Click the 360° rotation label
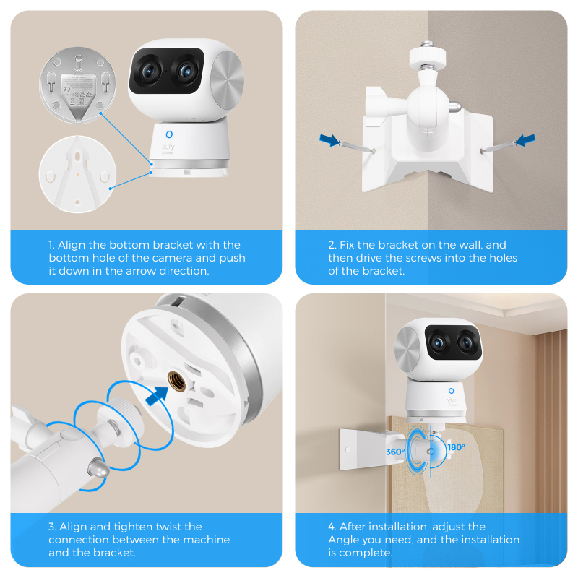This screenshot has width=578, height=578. click(x=395, y=452)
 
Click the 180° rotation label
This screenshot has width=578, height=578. click(x=456, y=447)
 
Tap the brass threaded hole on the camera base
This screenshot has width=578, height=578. click(x=176, y=381)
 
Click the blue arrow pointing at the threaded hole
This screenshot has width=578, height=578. click(x=157, y=396)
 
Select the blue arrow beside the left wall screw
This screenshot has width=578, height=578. click(x=329, y=140)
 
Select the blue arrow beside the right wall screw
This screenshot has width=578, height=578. click(x=525, y=140)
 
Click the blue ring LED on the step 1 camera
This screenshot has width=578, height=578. click(x=169, y=134)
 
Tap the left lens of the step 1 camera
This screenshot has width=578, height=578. click(x=148, y=71)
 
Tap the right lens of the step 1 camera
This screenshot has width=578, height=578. click(x=186, y=70)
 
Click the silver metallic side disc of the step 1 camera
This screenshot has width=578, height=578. click(x=227, y=79)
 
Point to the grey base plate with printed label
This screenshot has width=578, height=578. click(x=77, y=85)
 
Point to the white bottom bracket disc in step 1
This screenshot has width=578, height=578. click(x=77, y=174)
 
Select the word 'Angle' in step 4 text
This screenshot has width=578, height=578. click(x=344, y=540)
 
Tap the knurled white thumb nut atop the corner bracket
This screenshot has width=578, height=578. click(x=428, y=56)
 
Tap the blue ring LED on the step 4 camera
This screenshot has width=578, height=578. click(x=451, y=391)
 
